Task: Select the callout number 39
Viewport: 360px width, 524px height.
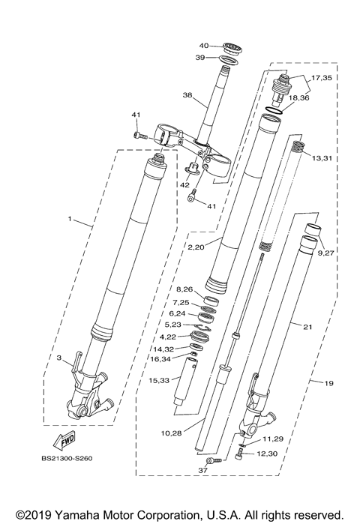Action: click(200, 58)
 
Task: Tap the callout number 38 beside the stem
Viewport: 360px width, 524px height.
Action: click(187, 96)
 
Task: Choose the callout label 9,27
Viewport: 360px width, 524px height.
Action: click(326, 253)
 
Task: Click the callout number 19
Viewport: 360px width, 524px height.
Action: click(329, 384)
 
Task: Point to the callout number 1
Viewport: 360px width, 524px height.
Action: click(69, 220)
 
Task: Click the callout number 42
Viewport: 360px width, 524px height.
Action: click(183, 184)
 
